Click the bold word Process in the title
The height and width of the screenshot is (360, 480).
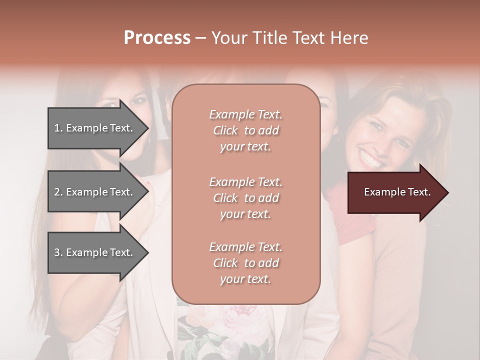tap(157, 38)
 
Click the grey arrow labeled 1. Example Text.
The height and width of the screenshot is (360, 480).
tap(95, 128)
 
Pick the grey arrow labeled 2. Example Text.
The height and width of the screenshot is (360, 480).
tap(95, 192)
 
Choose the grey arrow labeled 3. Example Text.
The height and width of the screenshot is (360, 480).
tap(95, 252)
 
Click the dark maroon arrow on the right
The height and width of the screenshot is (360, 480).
tap(395, 192)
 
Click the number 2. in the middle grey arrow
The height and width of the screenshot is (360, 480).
tap(58, 192)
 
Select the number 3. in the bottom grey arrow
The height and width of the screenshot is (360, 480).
tap(58, 252)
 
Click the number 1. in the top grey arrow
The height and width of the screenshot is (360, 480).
tap(58, 128)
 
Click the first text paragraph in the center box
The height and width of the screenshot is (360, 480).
tap(245, 130)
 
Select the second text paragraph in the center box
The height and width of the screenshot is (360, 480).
tap(245, 197)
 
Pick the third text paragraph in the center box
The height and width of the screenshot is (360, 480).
tap(245, 263)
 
